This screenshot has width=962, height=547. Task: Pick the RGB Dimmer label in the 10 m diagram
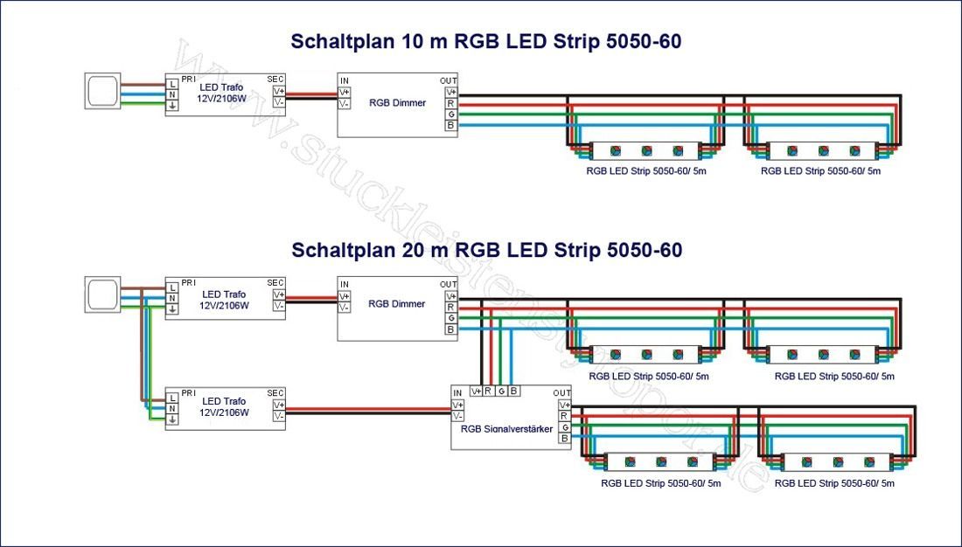tap(397, 103)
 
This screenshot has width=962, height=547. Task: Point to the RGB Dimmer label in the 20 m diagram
tap(397, 304)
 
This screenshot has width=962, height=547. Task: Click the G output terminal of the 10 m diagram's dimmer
tap(451, 114)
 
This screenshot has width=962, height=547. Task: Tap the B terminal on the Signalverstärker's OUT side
tap(565, 439)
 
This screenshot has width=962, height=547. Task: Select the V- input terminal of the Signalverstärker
tap(458, 417)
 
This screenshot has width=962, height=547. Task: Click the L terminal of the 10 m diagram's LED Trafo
tap(172, 83)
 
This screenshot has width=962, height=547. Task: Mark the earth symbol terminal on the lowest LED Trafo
tap(172, 419)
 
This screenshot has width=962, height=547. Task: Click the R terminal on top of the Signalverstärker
tap(488, 391)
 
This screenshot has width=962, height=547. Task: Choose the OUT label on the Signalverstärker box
tap(562, 393)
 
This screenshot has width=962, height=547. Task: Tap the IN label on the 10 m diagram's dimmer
tap(345, 80)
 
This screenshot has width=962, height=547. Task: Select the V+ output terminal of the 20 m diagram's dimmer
tap(451, 296)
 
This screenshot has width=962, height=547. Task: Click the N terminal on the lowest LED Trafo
tap(172, 408)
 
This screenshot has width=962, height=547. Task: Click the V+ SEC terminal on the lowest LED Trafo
tap(279, 405)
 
